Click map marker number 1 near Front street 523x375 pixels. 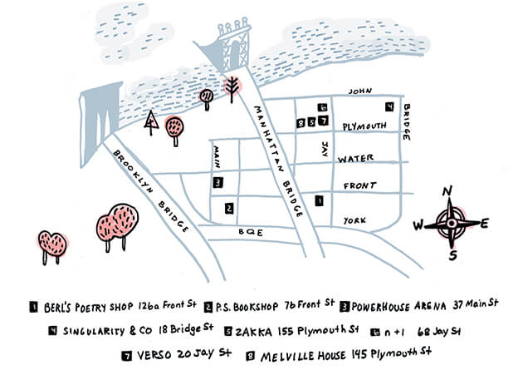click(320, 201)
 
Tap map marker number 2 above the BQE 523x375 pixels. click(229, 209)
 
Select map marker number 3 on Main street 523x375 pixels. click(218, 183)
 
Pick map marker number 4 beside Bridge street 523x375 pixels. click(389, 106)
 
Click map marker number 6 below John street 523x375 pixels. click(322, 107)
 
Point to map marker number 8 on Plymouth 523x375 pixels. click(301, 123)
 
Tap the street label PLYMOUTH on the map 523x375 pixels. click(364, 126)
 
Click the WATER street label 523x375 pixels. click(355, 159)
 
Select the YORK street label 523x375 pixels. click(354, 220)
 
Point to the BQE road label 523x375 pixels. click(251, 232)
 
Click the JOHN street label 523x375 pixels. click(360, 91)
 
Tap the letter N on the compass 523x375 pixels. click(447, 191)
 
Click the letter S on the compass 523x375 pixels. click(452, 256)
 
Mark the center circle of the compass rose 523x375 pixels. click(452, 224)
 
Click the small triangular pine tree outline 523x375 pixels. click(151, 122)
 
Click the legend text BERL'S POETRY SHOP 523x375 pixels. click(88, 308)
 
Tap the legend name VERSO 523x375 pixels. click(154, 355)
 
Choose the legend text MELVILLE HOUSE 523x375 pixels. click(303, 356)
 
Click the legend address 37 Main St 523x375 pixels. click(476, 304)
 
